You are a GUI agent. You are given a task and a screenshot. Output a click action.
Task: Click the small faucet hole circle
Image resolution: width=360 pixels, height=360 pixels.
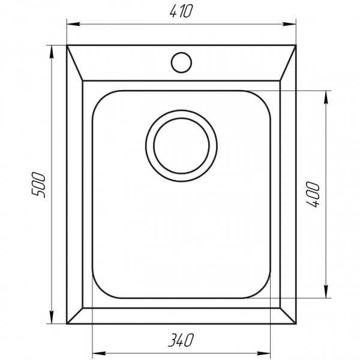[x=181, y=61]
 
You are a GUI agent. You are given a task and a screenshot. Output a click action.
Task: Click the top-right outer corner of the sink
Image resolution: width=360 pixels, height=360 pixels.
[x=296, y=44]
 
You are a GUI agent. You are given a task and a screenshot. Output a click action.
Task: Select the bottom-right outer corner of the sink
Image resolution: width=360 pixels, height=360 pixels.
[x=296, y=324]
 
